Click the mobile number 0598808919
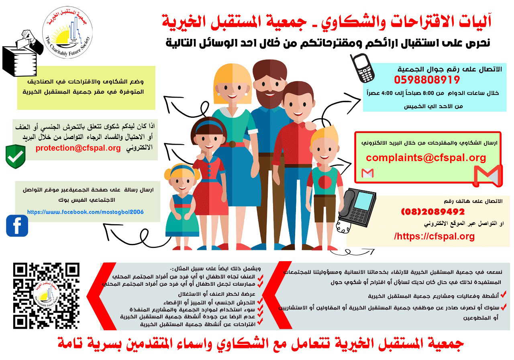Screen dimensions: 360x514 [x=427, y=80]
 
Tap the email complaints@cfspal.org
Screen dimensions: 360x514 [x=426, y=158]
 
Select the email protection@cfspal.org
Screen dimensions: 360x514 [x=78, y=148]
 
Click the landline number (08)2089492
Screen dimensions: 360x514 [x=432, y=212]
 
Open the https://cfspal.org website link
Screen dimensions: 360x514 [x=434, y=236]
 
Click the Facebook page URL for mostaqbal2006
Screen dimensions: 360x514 [x=85, y=212]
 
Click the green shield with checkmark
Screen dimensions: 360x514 [x=16, y=157]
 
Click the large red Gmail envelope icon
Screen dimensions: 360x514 [x=487, y=175]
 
